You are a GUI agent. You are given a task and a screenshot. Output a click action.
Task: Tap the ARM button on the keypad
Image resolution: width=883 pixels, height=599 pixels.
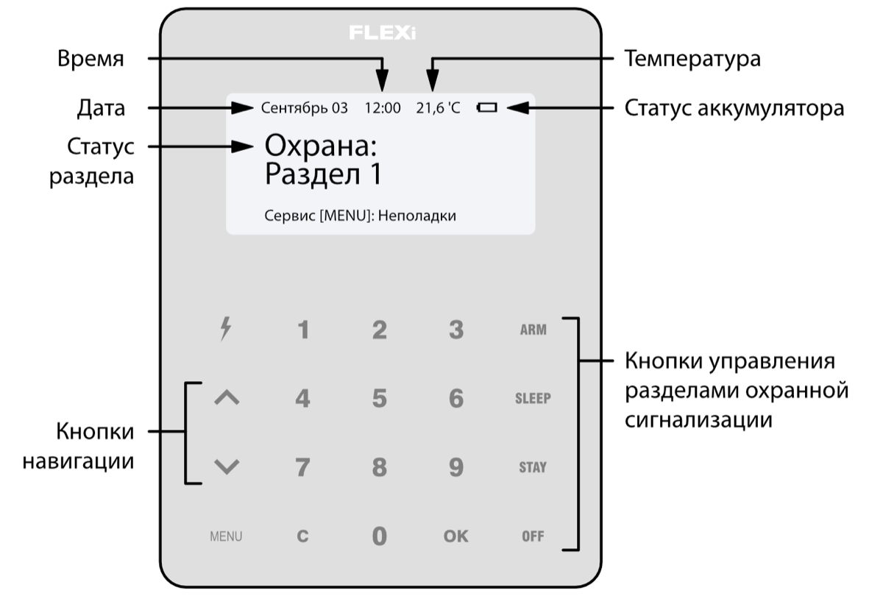pos(533,330)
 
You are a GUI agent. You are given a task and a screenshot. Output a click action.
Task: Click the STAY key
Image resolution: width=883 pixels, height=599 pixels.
pos(533,468)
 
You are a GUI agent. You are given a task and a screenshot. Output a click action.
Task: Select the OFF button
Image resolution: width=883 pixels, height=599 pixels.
pos(533,536)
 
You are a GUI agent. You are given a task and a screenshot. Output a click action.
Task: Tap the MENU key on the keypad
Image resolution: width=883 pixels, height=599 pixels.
pos(226,536)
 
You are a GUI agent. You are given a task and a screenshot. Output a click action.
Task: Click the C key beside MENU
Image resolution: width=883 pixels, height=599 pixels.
pos(302,536)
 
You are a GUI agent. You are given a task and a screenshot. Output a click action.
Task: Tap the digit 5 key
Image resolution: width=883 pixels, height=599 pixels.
pos(379,399)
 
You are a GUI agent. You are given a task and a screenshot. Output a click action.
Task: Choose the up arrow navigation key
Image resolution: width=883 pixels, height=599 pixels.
pos(227,398)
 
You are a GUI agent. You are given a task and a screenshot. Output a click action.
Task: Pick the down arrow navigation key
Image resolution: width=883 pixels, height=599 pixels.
pos(227,467)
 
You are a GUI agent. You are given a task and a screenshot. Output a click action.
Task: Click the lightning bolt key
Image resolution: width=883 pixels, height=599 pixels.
pos(227,330)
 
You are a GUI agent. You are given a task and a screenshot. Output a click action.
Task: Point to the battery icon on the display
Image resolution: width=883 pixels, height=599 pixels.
pos(486,108)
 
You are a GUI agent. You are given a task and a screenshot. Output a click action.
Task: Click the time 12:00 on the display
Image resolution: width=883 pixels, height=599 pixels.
pos(383,109)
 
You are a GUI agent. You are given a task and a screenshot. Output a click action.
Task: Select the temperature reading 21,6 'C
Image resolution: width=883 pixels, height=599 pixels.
pos(438,109)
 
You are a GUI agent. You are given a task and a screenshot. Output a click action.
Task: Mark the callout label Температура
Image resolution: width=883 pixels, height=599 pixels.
pos(692,59)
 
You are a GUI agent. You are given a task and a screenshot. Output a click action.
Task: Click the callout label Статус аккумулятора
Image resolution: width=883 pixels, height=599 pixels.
pos(734,108)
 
